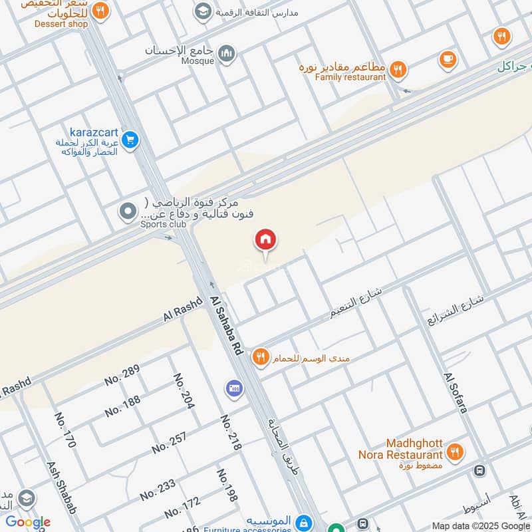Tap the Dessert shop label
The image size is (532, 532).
click(x=63, y=24)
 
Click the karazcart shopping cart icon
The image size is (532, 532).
click(x=130, y=140)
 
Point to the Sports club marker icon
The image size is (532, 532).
click(x=127, y=212)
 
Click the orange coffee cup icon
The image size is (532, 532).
click(x=448, y=59)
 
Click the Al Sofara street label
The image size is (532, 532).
click(x=456, y=393)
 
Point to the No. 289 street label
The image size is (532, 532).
click(x=122, y=376)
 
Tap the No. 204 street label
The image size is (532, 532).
click(x=184, y=391)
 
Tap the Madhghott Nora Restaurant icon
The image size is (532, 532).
click(x=455, y=452)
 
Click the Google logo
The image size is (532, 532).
click(x=27, y=522)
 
